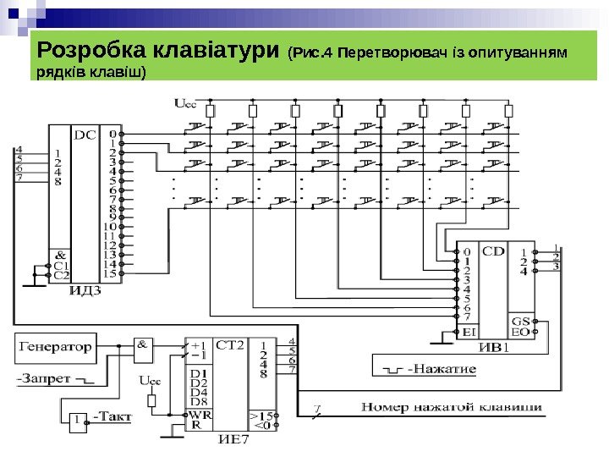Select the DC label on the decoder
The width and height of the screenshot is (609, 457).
coord(85,134)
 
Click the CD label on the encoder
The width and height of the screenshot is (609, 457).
coord(493,251)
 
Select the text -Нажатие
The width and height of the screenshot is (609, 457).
coord(442,370)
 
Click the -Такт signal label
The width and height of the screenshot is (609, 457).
coord(112,416)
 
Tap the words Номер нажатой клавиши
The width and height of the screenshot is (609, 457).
coord(452,408)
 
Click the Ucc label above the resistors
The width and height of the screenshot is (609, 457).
coord(184,103)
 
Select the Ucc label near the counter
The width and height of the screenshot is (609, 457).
coord(149,381)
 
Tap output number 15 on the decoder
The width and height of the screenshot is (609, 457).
coord(109,274)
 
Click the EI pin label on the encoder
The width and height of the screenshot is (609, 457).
coord(470,333)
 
